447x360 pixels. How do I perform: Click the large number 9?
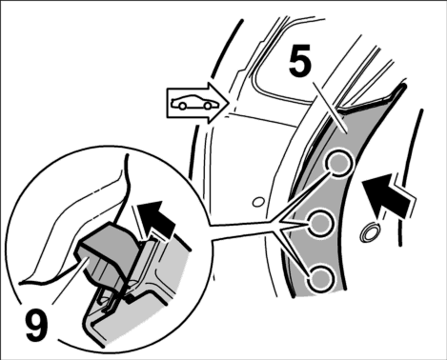click(37, 325)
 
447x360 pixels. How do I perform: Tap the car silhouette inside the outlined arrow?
click(192, 102)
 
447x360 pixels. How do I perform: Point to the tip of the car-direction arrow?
click(230, 103)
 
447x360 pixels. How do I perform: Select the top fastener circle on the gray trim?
click(339, 162)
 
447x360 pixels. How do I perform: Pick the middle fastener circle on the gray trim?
click(321, 223)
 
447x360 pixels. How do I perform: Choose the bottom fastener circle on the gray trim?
click(321, 278)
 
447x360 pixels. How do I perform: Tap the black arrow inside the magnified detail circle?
click(155, 219)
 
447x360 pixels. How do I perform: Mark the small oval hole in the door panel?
click(258, 202)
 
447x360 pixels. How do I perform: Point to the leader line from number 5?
click(330, 107)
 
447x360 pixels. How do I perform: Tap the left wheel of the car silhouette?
click(182, 106)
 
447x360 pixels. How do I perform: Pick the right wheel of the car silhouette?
click(207, 106)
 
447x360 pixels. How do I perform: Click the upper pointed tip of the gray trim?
click(404, 85)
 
